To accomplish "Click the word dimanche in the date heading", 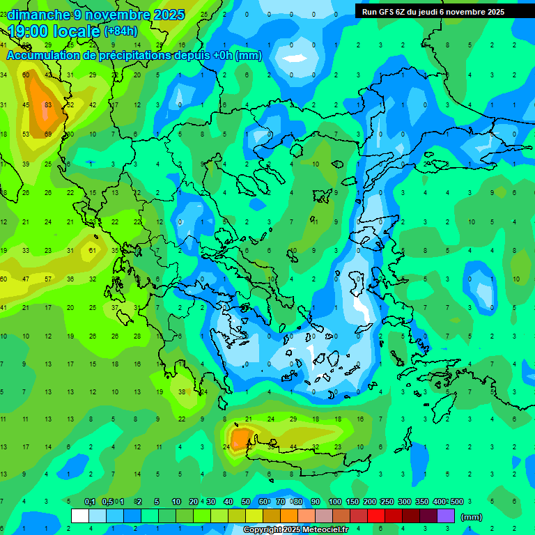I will click(39, 15).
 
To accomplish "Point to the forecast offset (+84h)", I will click(121, 31).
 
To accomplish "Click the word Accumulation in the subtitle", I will click(45, 56).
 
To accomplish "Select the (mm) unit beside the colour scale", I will click(472, 517).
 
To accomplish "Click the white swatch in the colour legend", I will click(80, 516).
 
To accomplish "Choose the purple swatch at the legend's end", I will click(446, 516).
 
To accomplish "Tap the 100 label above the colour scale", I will click(334, 502).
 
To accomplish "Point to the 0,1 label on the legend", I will click(90, 502).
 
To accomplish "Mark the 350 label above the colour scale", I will click(422, 502).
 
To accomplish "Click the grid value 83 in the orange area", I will click(48, 105).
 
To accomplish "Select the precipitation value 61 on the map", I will click(93, 250).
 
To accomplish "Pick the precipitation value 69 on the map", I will click(48, 134).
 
